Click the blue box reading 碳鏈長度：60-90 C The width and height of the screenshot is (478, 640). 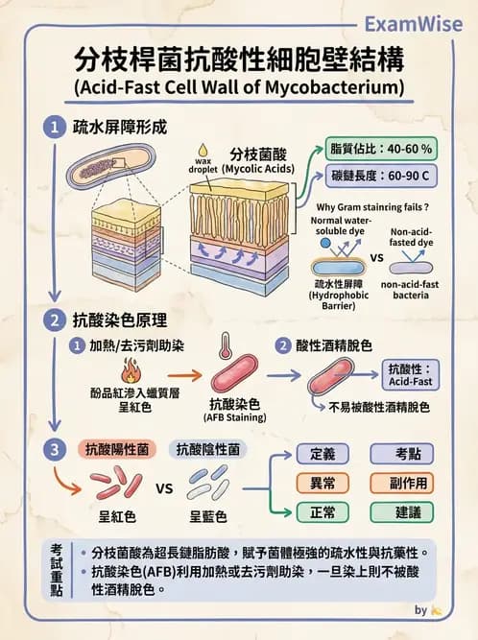[381, 178]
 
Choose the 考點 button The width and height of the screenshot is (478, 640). [408, 453]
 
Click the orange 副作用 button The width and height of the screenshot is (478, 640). [408, 483]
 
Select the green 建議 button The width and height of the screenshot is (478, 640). [408, 512]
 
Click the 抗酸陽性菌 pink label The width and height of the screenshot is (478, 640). [117, 449]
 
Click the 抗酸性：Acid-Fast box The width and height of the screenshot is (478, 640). [412, 375]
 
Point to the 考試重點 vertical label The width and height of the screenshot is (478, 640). [57, 569]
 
